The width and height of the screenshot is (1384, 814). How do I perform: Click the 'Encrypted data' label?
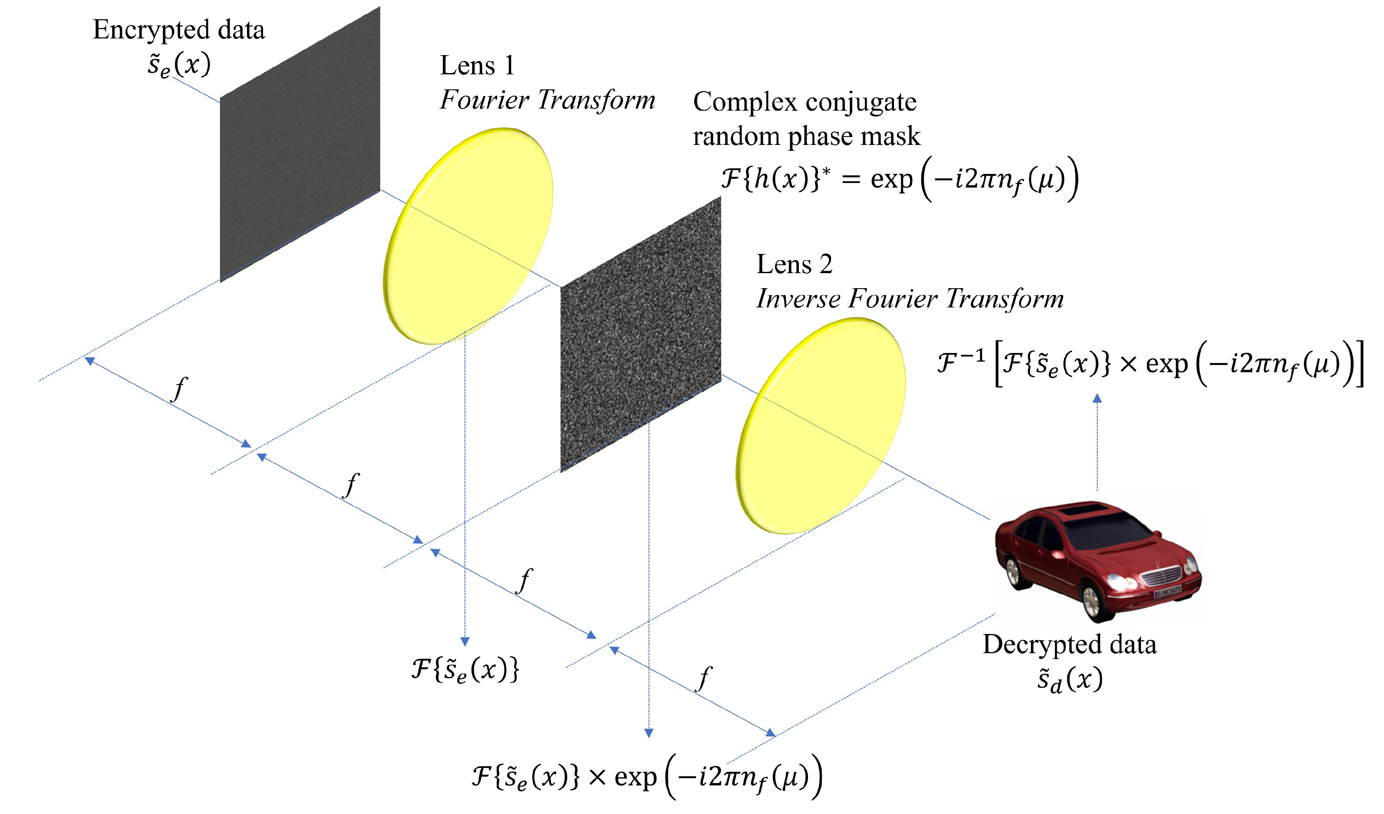click(x=179, y=30)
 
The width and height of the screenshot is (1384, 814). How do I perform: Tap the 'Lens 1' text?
click(x=477, y=66)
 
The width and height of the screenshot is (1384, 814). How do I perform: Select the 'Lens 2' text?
click(x=794, y=264)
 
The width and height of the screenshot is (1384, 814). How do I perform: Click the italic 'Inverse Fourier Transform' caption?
click(x=909, y=299)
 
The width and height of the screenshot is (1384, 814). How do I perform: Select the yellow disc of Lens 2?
click(x=821, y=426)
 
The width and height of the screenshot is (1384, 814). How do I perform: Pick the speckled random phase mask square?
click(x=640, y=335)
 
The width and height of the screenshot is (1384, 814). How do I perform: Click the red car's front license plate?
click(x=1168, y=592)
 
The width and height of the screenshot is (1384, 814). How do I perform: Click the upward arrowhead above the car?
click(x=1097, y=398)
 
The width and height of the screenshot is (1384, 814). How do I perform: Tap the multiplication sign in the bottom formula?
click(x=597, y=777)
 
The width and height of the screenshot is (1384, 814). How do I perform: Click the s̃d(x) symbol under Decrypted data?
click(x=1069, y=680)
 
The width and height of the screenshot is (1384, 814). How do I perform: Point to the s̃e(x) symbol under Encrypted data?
click(x=179, y=65)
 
